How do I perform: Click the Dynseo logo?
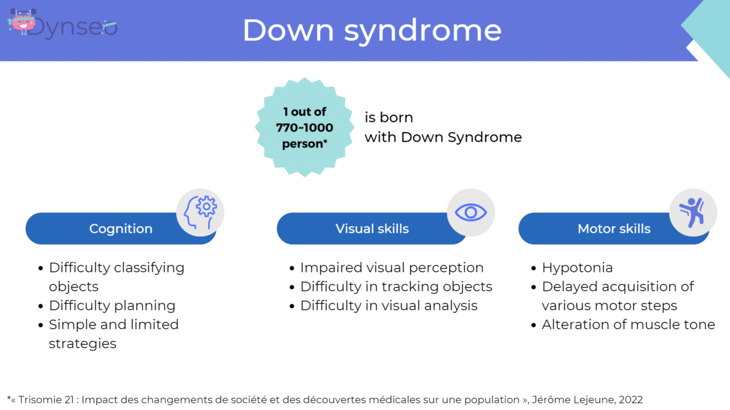click(x=63, y=24)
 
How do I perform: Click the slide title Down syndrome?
click(x=372, y=31)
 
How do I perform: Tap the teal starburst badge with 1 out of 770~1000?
click(x=305, y=128)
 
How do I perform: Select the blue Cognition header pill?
click(x=120, y=229)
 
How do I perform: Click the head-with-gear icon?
click(x=200, y=212)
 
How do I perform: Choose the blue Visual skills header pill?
click(x=372, y=229)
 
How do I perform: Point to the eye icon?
click(x=471, y=212)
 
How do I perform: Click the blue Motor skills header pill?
click(x=614, y=229)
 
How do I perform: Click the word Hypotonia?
click(x=577, y=268)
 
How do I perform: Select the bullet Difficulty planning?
click(x=112, y=306)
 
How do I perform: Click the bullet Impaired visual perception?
click(x=392, y=268)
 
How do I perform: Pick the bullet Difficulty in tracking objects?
click(x=396, y=286)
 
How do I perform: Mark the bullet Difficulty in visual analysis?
click(x=388, y=306)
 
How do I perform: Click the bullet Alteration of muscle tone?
click(x=628, y=325)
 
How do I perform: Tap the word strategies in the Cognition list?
click(x=83, y=343)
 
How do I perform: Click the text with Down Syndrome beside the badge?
click(x=443, y=137)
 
